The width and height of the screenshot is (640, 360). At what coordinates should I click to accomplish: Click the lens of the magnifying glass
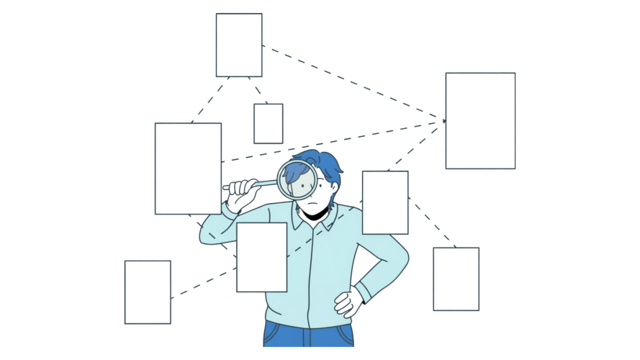click(296, 180)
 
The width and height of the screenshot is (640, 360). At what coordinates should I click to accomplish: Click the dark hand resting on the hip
click(348, 302)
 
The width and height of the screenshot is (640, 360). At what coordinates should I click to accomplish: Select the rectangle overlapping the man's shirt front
click(261, 257)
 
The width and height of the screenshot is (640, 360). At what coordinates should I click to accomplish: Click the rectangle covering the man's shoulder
click(385, 202)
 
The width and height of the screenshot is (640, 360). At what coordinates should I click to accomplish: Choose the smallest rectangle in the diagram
click(268, 123)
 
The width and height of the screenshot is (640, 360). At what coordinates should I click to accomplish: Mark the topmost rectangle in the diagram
click(239, 45)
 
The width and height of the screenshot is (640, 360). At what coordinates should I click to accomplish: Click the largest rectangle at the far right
click(480, 120)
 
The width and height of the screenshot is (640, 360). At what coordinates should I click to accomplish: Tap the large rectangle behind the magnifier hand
click(188, 168)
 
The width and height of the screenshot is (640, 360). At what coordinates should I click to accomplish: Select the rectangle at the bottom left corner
click(148, 292)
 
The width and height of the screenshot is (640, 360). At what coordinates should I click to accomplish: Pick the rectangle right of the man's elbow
click(456, 279)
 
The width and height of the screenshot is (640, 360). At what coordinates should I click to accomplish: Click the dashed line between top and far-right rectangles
click(353, 84)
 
